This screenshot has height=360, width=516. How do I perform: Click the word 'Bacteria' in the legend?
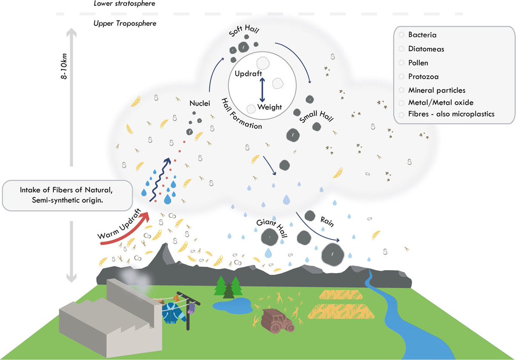pos(422,35)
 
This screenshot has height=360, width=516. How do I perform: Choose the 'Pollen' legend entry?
pos(418,63)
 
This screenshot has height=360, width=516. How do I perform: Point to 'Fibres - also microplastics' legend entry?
pos(451,114)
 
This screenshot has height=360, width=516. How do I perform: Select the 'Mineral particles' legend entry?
pos(437,90)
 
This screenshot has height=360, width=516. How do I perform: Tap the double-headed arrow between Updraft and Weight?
pos(262,89)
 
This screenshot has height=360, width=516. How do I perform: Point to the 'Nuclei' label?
pos(200,103)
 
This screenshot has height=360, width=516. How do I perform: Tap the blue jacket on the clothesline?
pos(173,313)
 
